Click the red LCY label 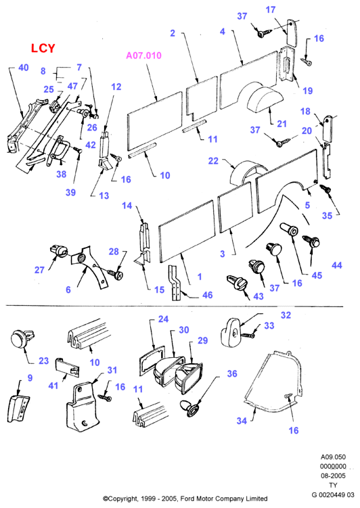[x=43, y=48]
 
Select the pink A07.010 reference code [x=143, y=55]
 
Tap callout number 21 [x=282, y=124]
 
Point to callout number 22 [x=213, y=161]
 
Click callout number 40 [x=23, y=68]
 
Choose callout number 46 [x=207, y=295]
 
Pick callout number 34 [x=242, y=421]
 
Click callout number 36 [x=232, y=373]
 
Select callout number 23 [x=43, y=361]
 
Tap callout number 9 [x=30, y=377]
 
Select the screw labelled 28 [x=114, y=275]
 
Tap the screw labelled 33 [x=249, y=336]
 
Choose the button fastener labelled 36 [x=190, y=409]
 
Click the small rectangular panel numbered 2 [x=202, y=98]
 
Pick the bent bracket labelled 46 [x=175, y=283]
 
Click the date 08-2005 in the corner [x=333, y=476]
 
